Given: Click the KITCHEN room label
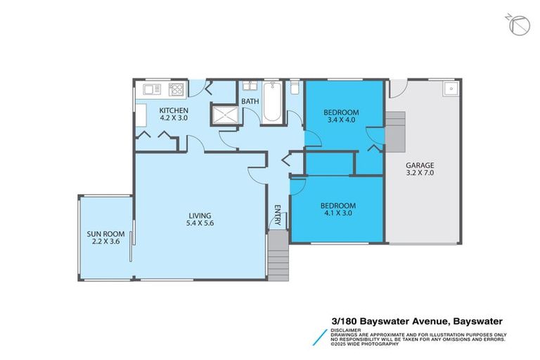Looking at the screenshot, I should pyautogui.click(x=173, y=110).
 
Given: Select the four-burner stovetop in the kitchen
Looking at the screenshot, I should pyautogui.click(x=176, y=89).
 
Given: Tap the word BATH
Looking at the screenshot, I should pyautogui.click(x=250, y=101).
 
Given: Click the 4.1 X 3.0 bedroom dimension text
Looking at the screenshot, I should pyautogui.click(x=338, y=214).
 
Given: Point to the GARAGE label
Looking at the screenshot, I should pyautogui.click(x=420, y=166).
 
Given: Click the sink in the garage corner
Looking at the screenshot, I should pyautogui.click(x=449, y=89).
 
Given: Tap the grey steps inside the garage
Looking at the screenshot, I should pyautogui.click(x=396, y=131).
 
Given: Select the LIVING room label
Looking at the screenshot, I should pyautogui.click(x=199, y=215).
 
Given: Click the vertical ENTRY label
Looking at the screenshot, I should pyautogui.click(x=278, y=215).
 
